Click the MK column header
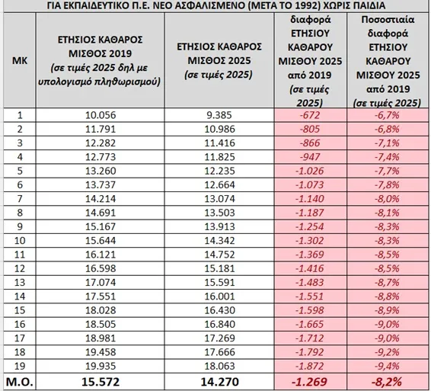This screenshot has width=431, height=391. coord(20,60)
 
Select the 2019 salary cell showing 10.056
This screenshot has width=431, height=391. coord(101,115)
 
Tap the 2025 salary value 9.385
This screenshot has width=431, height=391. coord(219,115)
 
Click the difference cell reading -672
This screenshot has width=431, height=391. coord(310,115)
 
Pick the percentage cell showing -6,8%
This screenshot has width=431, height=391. coord(387,129)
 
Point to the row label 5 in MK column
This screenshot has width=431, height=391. coord(20,171)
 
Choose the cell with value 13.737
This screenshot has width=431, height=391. coord(101,184)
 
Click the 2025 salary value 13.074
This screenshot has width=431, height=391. coord(219,199)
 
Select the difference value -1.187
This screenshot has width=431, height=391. coord(310,213)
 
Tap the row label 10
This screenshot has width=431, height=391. coord(20,241)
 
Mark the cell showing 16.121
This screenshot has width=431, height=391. coord(101,255)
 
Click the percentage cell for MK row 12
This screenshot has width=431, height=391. coord(387,268)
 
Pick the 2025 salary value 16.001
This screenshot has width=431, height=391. coord(219,296)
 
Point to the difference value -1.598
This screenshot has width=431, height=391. coord(310,310)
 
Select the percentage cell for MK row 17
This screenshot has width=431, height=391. coord(387,338)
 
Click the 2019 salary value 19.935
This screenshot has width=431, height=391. coord(101,366)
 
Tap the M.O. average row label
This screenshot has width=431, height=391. coord(20,382)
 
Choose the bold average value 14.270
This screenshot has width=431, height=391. coord(219,382)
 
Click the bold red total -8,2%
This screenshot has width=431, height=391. coord(387,382)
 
